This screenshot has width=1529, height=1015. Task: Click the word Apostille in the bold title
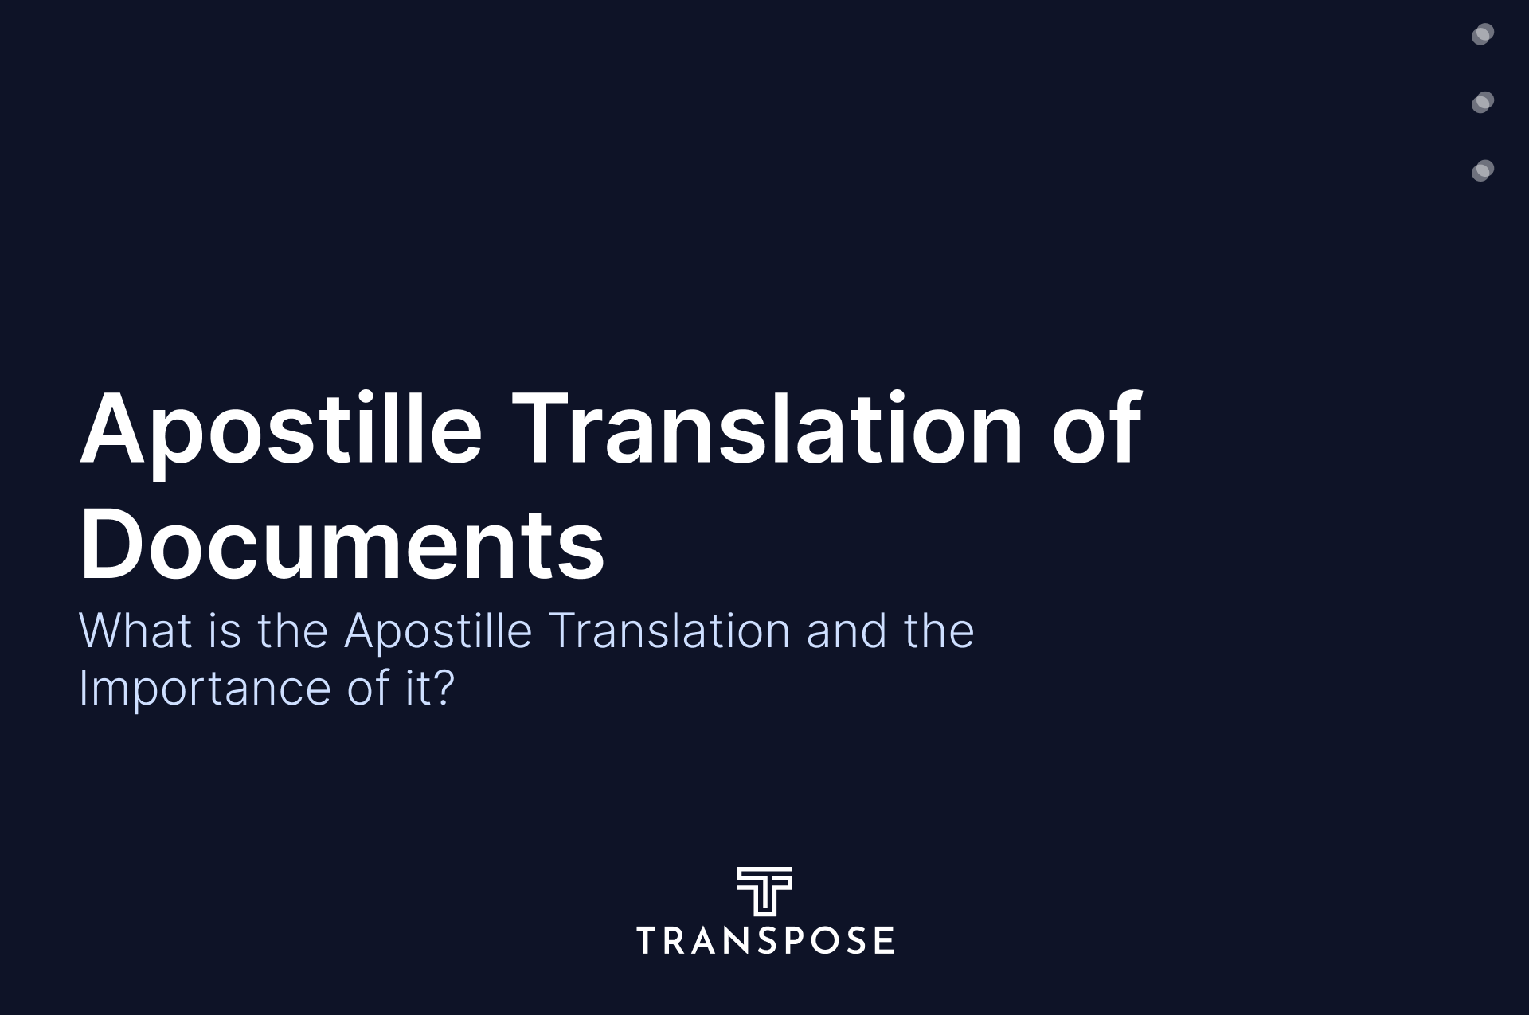tap(281, 431)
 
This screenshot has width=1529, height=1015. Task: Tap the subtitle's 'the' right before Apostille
tap(292, 630)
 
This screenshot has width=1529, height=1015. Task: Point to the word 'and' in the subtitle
tap(847, 630)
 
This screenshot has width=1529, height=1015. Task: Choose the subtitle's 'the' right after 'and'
tap(939, 630)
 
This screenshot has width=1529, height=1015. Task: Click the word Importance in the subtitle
tap(205, 691)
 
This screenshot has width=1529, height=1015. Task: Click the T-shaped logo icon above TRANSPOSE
tap(764, 892)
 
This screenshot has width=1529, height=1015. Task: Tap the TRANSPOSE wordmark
tap(764, 940)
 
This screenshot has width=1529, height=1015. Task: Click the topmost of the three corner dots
tap(1483, 34)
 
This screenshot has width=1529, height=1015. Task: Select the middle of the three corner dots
tap(1483, 102)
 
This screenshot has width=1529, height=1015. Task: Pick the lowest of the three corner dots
tap(1483, 170)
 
